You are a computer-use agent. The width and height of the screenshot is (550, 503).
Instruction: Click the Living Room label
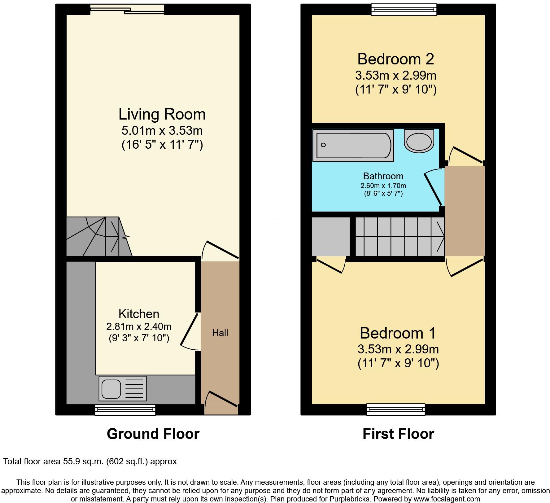[162, 114]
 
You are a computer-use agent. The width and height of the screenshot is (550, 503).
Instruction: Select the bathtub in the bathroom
[353, 145]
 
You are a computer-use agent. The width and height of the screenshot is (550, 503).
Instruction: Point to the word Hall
[220, 333]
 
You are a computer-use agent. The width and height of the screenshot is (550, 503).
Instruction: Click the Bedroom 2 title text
[395, 59]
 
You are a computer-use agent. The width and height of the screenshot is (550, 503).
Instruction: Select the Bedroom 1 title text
[398, 333]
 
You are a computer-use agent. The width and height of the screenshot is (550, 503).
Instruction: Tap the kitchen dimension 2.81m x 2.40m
[139, 326]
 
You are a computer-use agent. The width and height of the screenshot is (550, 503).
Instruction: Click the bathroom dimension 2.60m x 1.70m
[383, 186]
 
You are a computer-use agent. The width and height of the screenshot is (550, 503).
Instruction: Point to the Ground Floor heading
[153, 434]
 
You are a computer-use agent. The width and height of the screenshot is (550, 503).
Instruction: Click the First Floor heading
[398, 434]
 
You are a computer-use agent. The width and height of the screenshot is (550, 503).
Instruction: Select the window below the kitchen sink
[125, 410]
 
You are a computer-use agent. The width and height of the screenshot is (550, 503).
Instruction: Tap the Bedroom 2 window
[404, 10]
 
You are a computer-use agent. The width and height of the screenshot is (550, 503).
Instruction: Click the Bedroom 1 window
[396, 409]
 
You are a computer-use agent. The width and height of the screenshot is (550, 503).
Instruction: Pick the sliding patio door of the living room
[128, 10]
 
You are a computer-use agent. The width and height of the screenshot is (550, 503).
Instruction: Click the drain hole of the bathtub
[323, 145]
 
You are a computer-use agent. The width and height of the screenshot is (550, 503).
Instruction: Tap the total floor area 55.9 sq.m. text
[90, 461]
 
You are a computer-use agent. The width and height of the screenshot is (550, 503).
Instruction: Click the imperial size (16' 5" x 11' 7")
[162, 145]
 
